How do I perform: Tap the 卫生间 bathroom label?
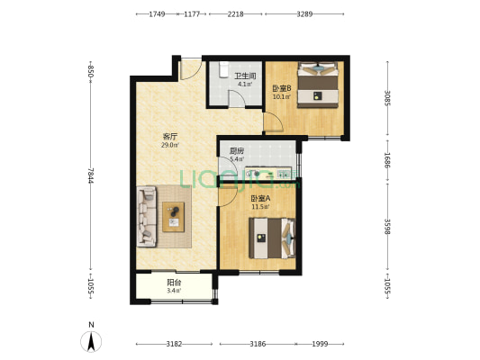(245, 76)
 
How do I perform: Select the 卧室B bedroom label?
(282, 88)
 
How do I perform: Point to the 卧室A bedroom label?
(260, 198)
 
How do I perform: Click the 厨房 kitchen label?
(237, 151)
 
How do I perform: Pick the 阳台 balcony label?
(174, 283)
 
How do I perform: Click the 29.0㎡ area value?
(170, 145)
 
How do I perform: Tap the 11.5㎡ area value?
(260, 207)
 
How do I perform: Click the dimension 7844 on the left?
(90, 175)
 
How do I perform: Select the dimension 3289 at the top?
(304, 14)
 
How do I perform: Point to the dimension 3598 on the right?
(387, 226)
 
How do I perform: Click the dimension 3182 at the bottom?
(174, 344)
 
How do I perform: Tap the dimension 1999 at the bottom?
(320, 344)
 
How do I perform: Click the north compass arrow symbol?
(91, 341)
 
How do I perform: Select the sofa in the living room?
(147, 217)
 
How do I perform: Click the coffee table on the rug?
(173, 217)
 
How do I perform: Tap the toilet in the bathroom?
(224, 68)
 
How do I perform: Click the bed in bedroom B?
(318, 85)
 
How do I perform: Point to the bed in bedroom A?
(272, 238)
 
